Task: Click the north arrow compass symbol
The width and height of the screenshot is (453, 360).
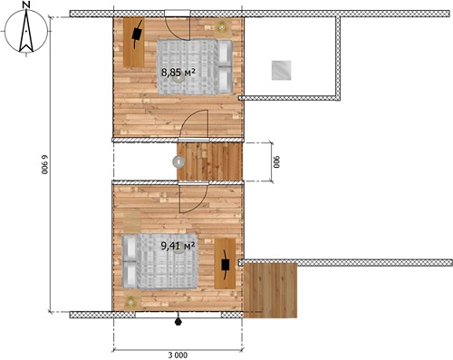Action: click(26, 30)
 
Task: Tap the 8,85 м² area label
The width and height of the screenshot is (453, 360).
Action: click(178, 73)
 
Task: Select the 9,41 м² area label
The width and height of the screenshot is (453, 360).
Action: click(178, 247)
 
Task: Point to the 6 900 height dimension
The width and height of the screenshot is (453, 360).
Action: click(45, 165)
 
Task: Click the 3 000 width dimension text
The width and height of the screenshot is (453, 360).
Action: click(178, 355)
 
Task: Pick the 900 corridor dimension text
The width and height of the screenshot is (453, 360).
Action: click(276, 162)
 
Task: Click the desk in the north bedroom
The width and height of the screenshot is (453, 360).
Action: click(134, 43)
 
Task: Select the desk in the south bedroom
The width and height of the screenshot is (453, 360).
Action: click(225, 263)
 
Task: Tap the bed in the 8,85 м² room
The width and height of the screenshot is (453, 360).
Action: click(195, 67)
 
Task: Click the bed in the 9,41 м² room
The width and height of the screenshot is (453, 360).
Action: click(159, 261)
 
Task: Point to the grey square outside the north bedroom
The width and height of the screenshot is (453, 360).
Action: click(281, 71)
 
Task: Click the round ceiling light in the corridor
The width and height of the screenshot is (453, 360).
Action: click(178, 161)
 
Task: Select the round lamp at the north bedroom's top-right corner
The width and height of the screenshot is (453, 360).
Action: click(222, 27)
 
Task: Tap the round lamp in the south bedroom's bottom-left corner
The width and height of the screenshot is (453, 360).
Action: click(130, 302)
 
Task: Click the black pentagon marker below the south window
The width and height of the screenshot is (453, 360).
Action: click(178, 322)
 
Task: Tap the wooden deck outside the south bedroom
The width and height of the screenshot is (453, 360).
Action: click(270, 290)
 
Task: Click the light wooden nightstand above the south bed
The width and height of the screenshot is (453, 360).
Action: click(132, 222)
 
